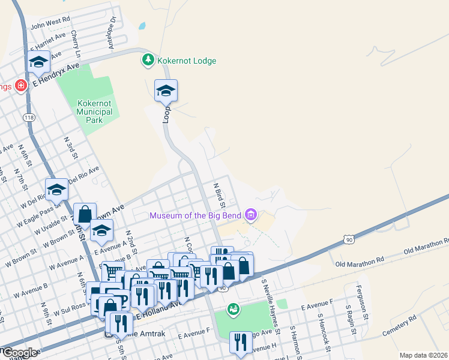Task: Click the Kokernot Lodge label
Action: click(x=186, y=61)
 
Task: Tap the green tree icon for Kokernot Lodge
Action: click(x=148, y=60)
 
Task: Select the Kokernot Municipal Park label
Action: click(x=95, y=111)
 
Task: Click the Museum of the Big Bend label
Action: click(x=195, y=215)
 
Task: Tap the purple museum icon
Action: click(x=251, y=215)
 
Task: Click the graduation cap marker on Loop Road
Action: click(x=166, y=91)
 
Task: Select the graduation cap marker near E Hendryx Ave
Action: click(x=38, y=62)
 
